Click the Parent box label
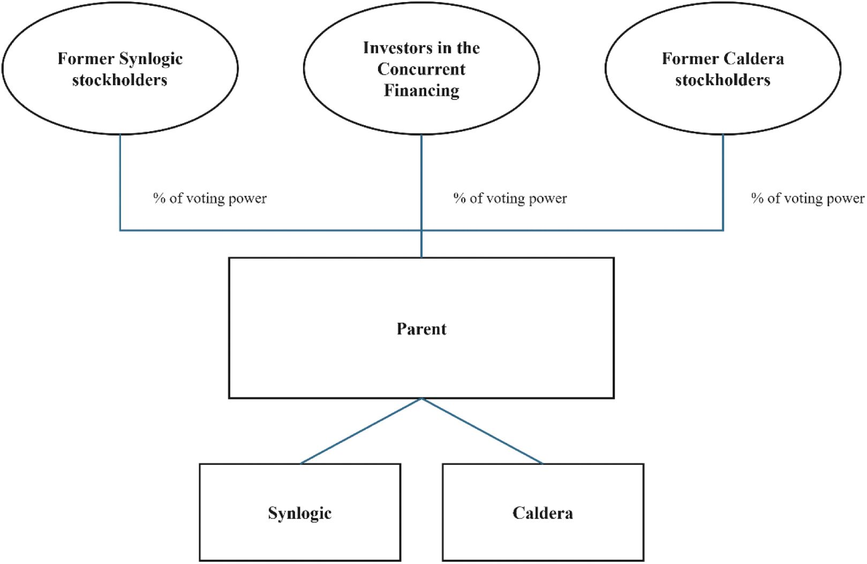click(x=421, y=329)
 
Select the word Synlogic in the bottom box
click(x=300, y=514)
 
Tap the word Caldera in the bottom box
click(x=542, y=513)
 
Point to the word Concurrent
click(x=421, y=69)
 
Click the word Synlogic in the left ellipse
click(x=151, y=59)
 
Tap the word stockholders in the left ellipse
click(x=119, y=80)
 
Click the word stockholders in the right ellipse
click(x=722, y=80)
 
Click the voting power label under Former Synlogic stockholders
click(x=210, y=199)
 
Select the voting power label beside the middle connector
click(x=510, y=199)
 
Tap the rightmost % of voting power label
click(x=808, y=199)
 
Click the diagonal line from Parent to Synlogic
click(x=361, y=431)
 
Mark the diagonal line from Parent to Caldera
click(x=482, y=431)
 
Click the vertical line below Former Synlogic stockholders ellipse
click(x=120, y=182)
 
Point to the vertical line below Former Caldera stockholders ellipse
click(x=723, y=182)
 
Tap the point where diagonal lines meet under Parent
click(x=421, y=398)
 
